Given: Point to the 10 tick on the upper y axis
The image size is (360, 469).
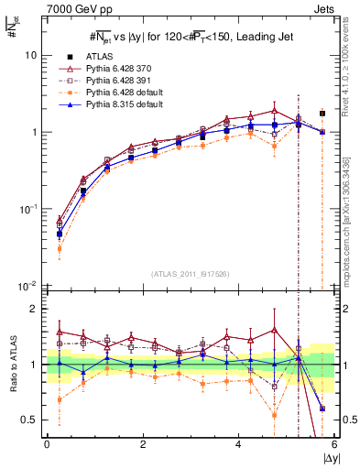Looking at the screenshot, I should tap(30, 55).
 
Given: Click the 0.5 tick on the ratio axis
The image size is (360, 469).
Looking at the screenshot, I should tap(30, 420).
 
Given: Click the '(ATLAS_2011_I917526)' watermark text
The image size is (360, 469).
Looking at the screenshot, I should tap(190, 272).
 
